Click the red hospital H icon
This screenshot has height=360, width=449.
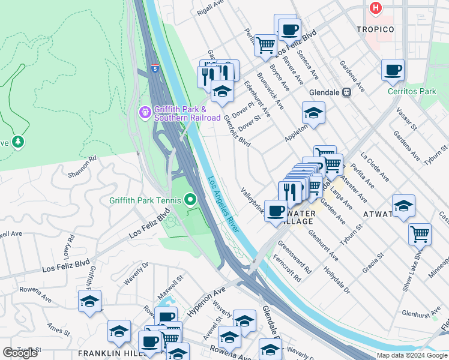tap(376, 8)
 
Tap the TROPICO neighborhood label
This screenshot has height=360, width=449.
tap(375, 29)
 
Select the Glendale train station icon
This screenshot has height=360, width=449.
tap(346, 92)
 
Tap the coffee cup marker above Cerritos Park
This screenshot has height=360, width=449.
tap(393, 70)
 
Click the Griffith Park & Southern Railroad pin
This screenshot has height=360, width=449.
tap(144, 112)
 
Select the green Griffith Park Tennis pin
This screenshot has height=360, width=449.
tap(190, 199)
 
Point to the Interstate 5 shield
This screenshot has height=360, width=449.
tap(155, 69)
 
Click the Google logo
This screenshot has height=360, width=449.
tap(20, 353)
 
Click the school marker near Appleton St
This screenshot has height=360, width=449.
tap(313, 112)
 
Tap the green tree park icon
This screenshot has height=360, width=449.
tap(19, 142)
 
